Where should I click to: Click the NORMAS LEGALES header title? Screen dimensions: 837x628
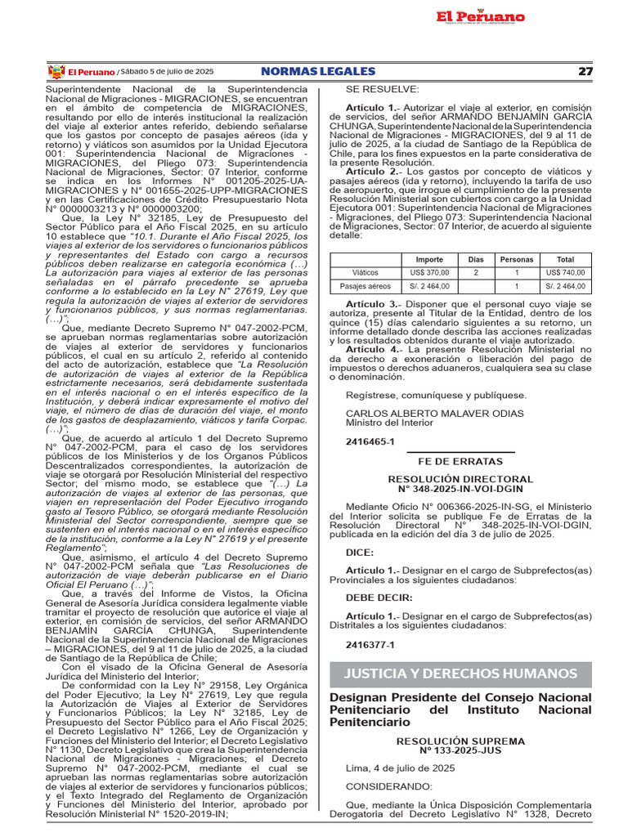(317, 72)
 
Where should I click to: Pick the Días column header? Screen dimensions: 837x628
(475, 259)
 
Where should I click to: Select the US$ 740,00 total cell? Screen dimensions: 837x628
(565, 272)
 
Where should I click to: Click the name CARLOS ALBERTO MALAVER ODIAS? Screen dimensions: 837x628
(434, 414)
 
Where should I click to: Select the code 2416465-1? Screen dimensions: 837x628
(370, 441)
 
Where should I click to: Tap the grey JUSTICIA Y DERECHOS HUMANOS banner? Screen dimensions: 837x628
(460, 674)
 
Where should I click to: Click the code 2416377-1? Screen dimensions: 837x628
(370, 645)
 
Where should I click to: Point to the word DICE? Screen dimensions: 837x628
(360, 553)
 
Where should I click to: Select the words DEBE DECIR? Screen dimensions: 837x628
(379, 598)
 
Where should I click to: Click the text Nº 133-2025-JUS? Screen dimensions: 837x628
(460, 749)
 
